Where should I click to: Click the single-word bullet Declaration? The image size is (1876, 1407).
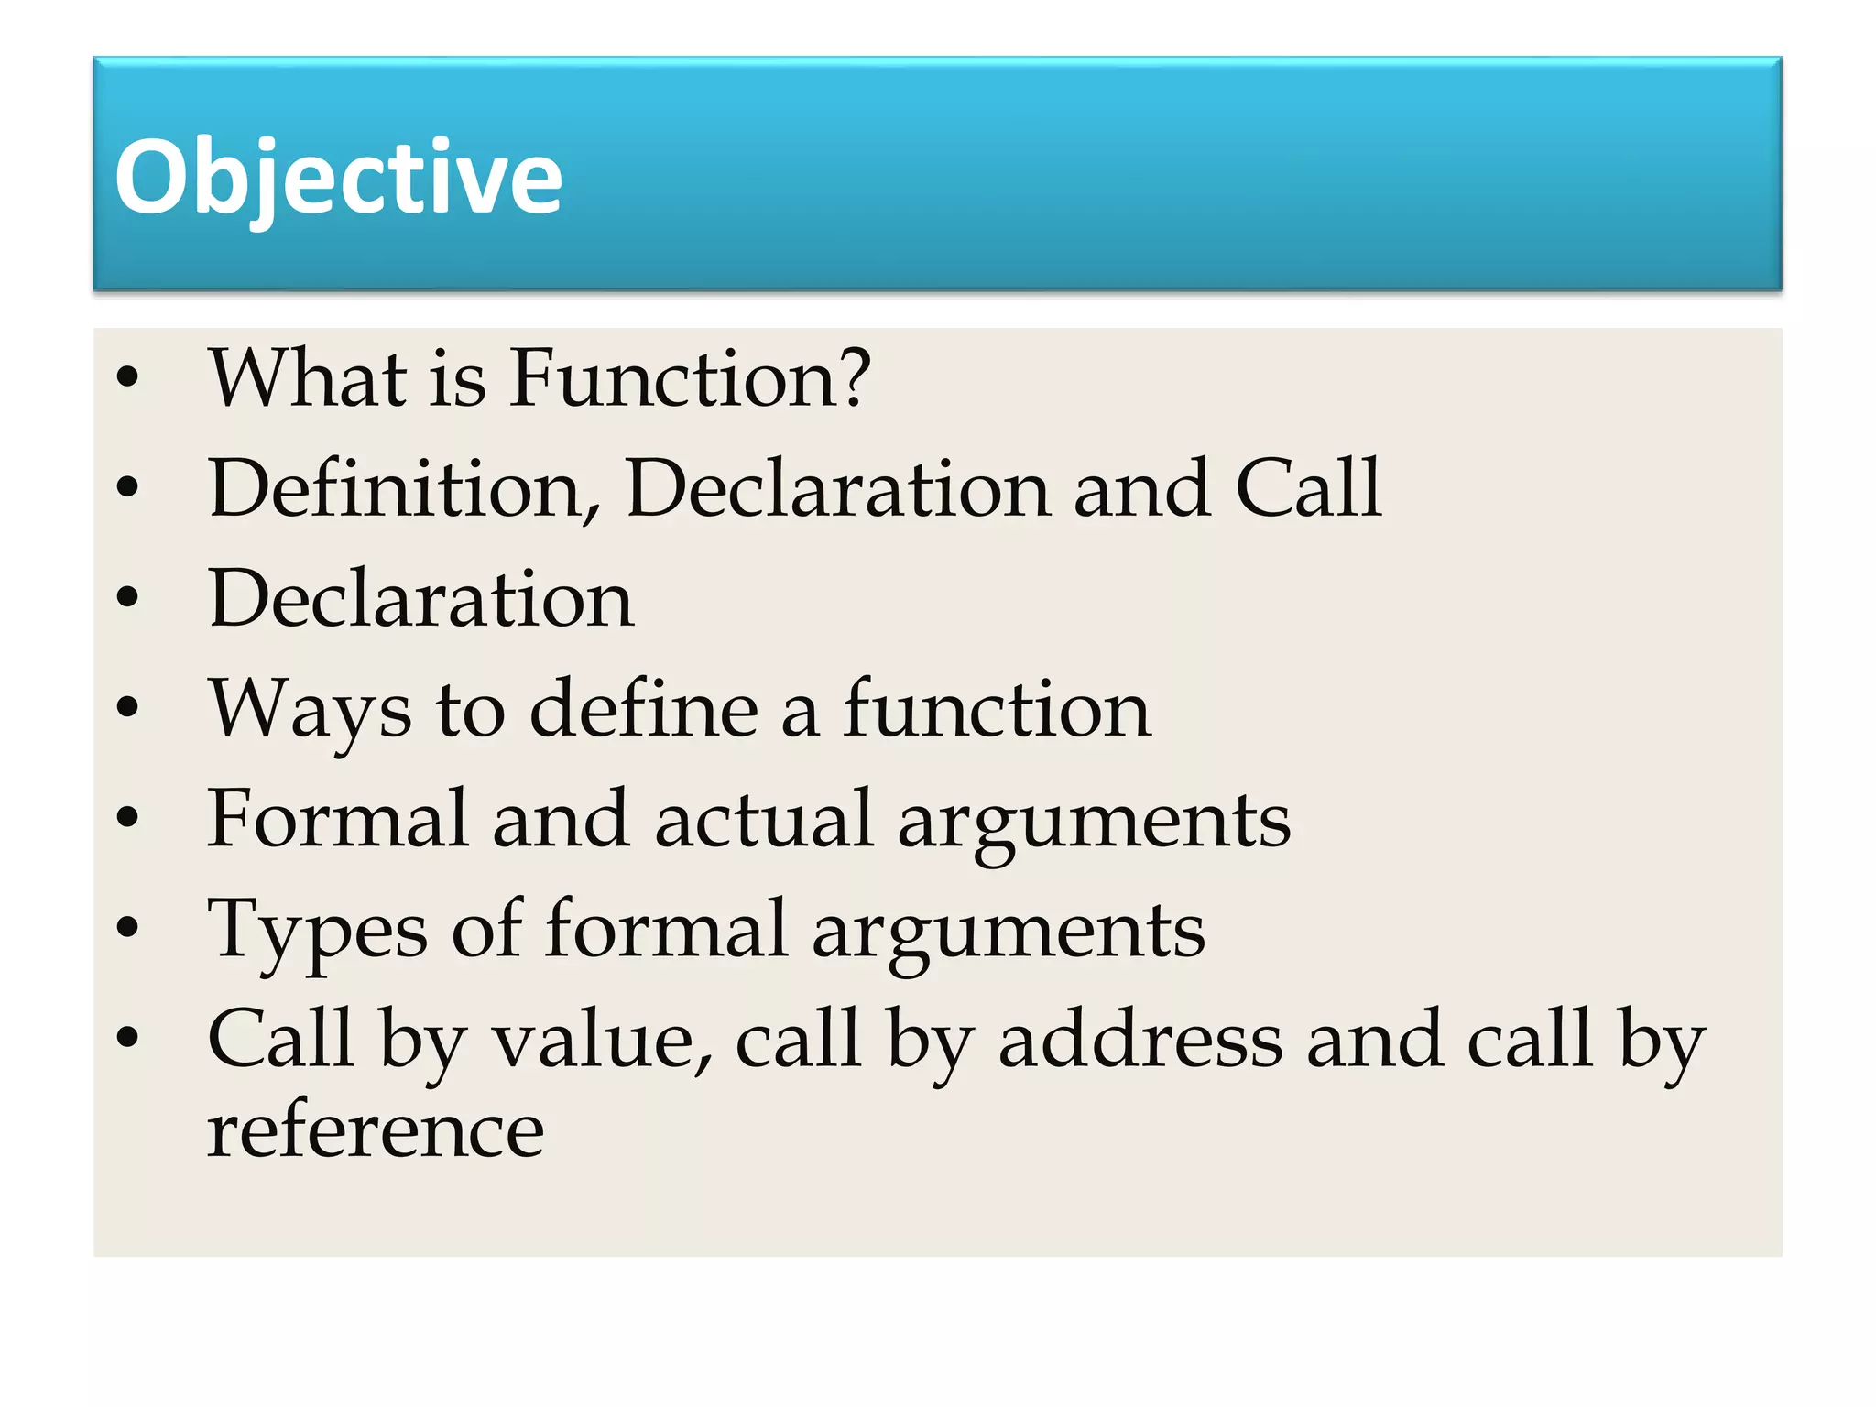(420, 599)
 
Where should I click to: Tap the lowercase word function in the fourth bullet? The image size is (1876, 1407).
(997, 710)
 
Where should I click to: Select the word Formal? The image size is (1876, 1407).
(337, 819)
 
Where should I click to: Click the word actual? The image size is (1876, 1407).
(763, 819)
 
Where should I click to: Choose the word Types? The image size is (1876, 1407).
(317, 931)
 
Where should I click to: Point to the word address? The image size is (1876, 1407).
(1140, 1041)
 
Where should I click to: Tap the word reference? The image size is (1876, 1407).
(376, 1132)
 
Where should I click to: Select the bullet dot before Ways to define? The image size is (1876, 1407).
(127, 707)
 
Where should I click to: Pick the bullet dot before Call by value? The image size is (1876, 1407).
(127, 1038)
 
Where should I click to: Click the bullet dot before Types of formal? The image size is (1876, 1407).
(127, 928)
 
